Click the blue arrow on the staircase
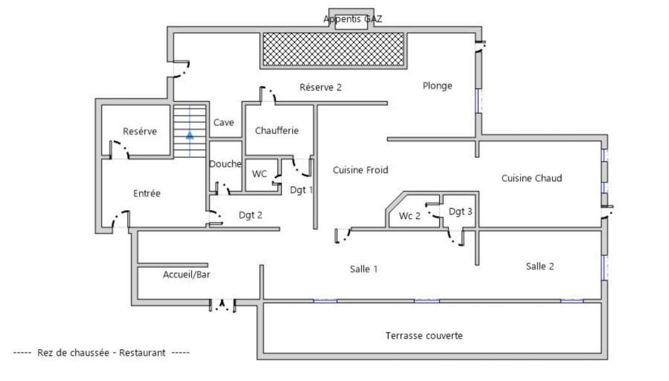coord(190,135)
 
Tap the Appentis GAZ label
coord(353,19)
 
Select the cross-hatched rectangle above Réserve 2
coord(333,49)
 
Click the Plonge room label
coord(437,86)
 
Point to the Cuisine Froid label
coord(360,170)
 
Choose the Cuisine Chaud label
coord(531,178)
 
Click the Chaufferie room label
coord(277,130)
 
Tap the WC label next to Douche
coord(259,174)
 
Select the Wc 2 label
coord(410,216)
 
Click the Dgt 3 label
coord(460,211)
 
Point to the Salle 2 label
coord(540,266)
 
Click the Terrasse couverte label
coord(424,336)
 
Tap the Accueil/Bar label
coord(187,274)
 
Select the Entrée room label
coord(147,193)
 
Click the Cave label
coord(224,122)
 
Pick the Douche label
coord(226,164)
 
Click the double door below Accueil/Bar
coord(223,305)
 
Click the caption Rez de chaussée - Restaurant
coord(101,353)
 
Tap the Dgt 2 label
coord(250,215)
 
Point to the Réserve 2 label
coord(321,88)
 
